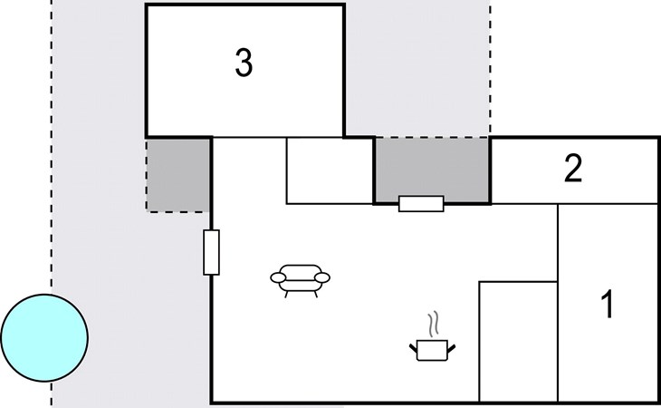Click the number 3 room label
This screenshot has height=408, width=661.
(244, 63)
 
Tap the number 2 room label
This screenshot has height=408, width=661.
(573, 169)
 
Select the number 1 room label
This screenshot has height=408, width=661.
(608, 305)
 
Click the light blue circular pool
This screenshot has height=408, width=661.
(44, 338)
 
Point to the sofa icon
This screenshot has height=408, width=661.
(300, 280)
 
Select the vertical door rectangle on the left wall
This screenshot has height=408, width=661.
(211, 252)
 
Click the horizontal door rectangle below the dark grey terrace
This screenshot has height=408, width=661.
(421, 204)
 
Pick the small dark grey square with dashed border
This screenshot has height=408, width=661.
(177, 175)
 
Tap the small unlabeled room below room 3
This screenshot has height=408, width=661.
(330, 170)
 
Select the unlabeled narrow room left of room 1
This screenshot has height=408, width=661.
(519, 341)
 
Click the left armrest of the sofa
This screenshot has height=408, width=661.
(278, 277)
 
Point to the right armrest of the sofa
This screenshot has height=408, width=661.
(322, 277)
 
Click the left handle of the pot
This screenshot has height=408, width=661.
(413, 348)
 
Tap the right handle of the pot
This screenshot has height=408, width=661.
(452, 348)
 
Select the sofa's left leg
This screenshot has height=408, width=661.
(287, 294)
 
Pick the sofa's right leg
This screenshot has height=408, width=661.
(315, 294)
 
